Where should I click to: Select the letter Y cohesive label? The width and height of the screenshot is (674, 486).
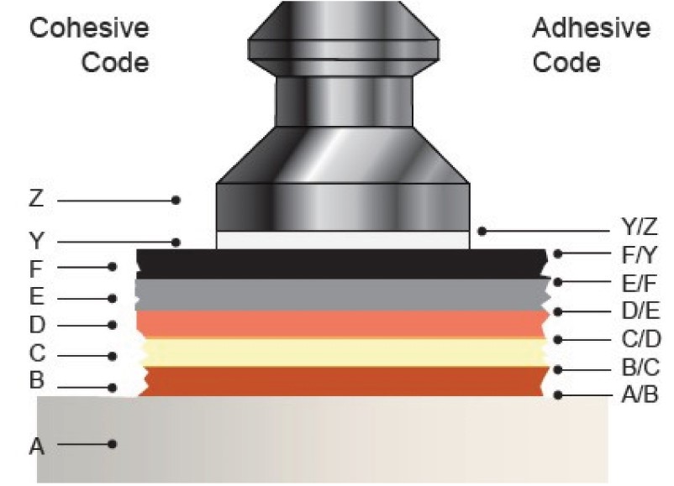36,243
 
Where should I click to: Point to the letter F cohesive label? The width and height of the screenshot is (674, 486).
36,269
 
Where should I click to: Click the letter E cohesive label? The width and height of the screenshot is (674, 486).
36,298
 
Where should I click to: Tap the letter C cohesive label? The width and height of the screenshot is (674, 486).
36,353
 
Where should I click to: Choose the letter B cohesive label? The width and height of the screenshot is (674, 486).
36,380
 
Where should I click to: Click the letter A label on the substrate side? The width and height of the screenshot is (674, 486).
36,447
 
